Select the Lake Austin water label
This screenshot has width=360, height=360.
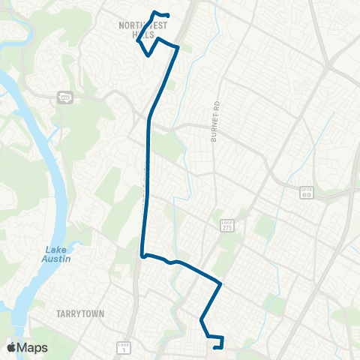click(56, 254)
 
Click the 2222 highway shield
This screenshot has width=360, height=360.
click(64, 97)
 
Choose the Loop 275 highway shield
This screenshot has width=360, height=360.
click(227, 225)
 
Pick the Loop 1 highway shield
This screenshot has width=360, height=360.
click(124, 347)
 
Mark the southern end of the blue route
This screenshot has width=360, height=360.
click(215, 347)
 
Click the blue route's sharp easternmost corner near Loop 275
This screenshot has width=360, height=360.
click(220, 284)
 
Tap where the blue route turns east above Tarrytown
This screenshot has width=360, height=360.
click(142, 255)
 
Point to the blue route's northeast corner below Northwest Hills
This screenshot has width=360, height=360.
click(178, 47)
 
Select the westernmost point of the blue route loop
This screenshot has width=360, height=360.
click(137, 42)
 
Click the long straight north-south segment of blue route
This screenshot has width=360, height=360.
click(147, 187)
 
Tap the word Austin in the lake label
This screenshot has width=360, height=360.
click(56, 259)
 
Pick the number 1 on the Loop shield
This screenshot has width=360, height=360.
click(124, 350)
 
